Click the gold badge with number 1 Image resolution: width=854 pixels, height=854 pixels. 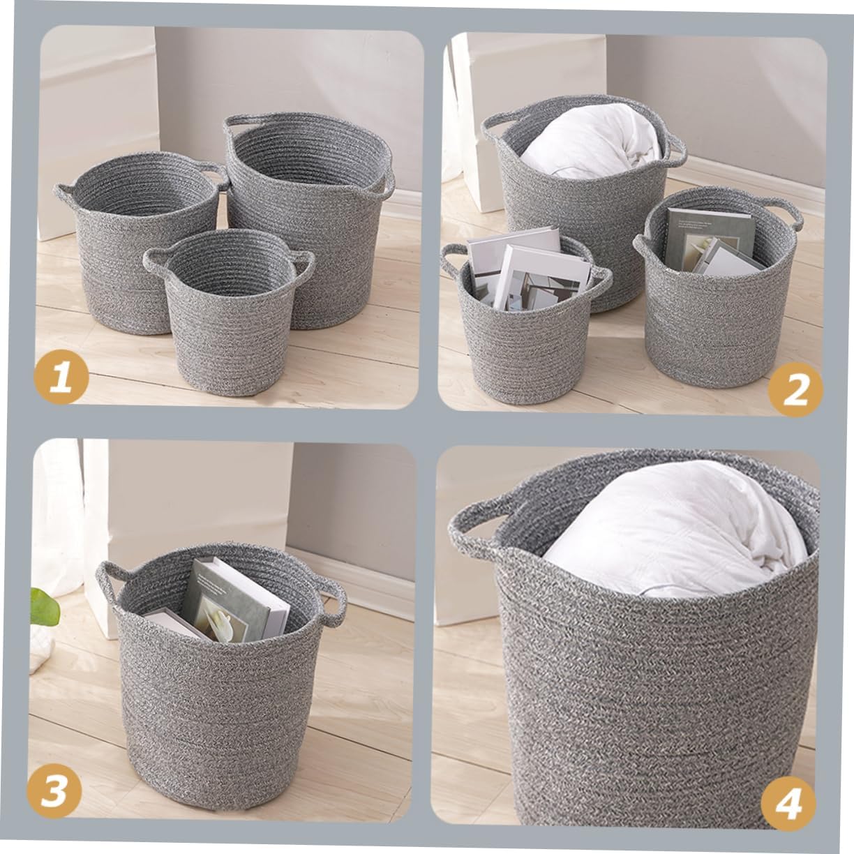coord(62,377)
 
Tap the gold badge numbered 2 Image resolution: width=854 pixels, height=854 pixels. coord(795,389)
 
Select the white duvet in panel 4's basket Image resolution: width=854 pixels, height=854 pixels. coord(670,530)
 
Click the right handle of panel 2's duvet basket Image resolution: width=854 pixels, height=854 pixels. coord(675,147)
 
